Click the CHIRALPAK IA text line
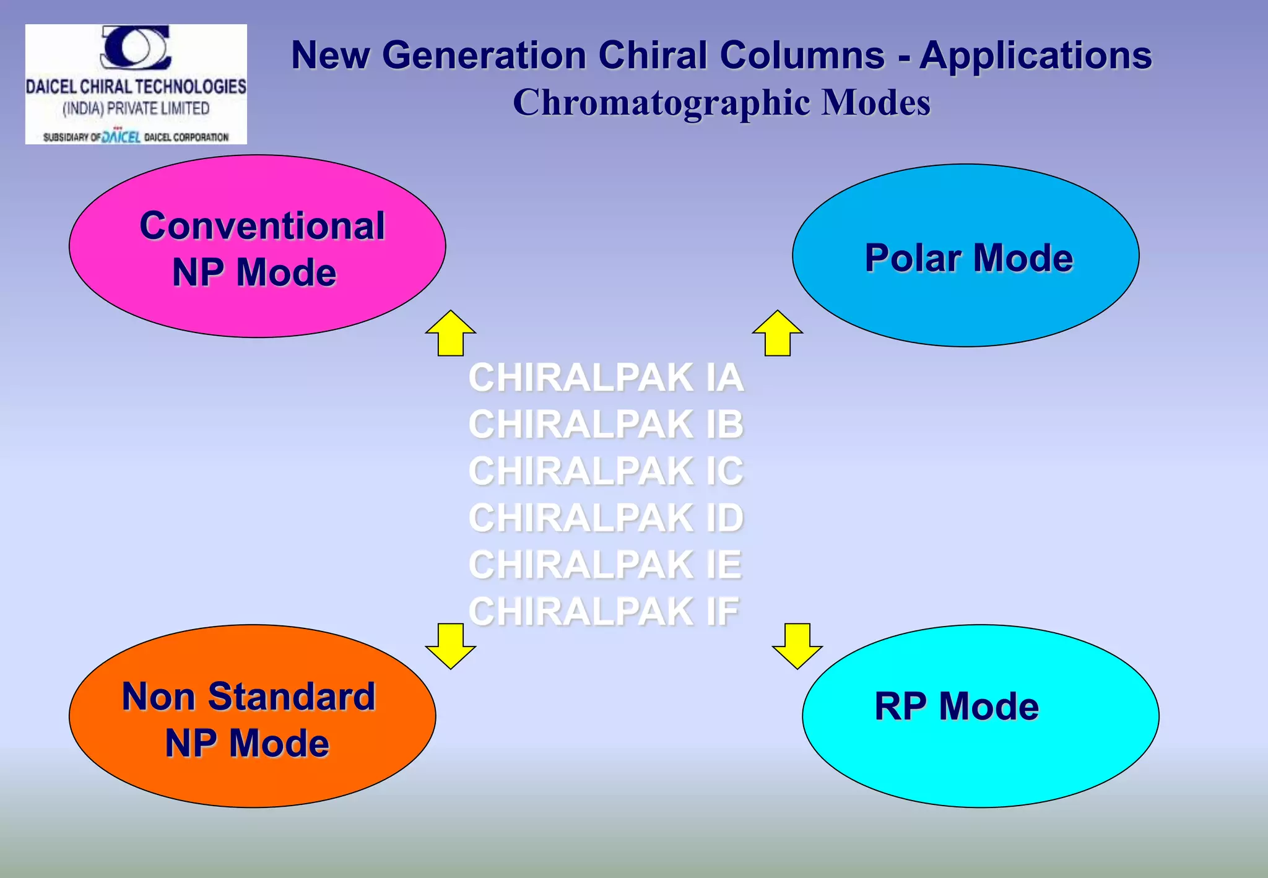coord(606,377)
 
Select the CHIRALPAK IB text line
coord(606,424)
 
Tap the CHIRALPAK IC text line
coord(606,471)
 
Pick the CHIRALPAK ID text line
coord(606,518)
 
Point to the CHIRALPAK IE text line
coord(606,565)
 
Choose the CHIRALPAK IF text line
coord(604,612)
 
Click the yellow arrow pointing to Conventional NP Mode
coord(451,334)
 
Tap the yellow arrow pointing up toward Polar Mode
coord(778,334)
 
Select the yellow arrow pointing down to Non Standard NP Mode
coord(451,646)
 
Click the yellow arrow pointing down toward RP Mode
coord(797,646)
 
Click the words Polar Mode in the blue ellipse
coord(968,258)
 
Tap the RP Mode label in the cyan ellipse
coord(957,706)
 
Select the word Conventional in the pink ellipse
coord(262,225)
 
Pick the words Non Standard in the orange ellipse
coord(249,697)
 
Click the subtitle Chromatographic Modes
coord(721,102)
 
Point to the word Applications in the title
coord(1035,56)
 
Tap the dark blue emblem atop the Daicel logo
coord(136,47)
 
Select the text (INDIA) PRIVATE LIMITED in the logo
coord(136,109)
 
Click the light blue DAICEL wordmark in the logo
coord(121,137)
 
